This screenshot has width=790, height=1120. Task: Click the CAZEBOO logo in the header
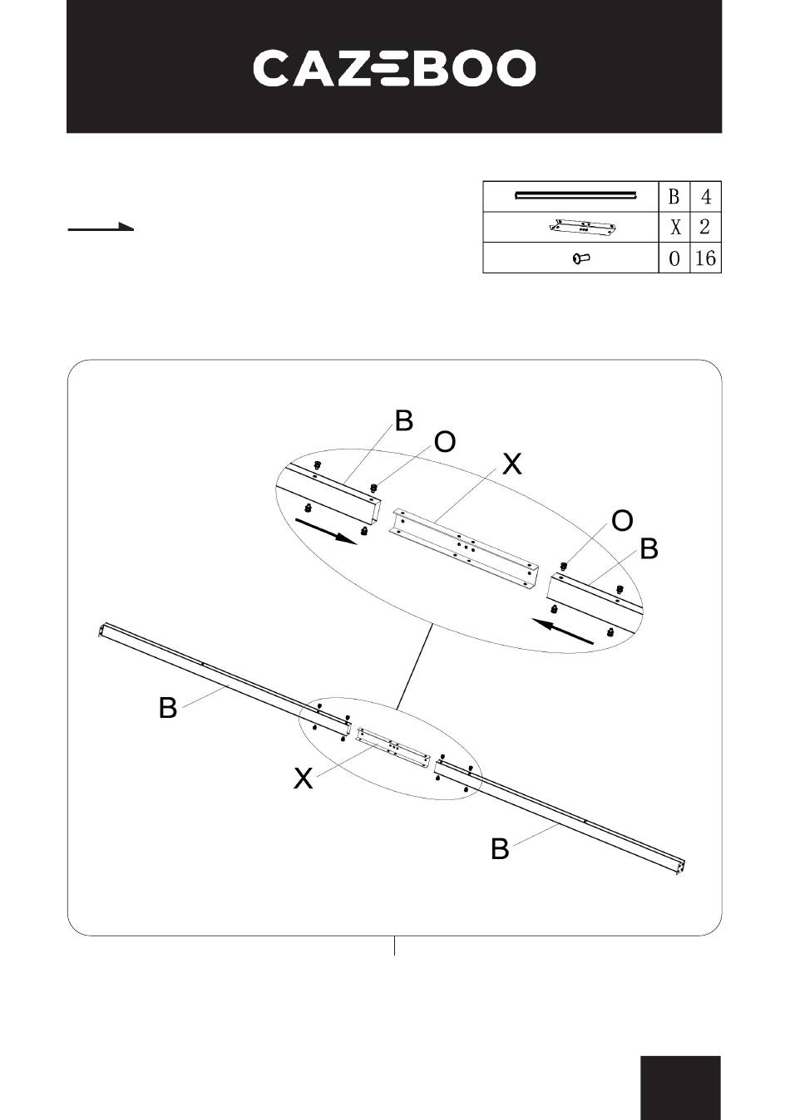[394, 68]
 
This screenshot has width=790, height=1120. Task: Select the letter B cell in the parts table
[674, 197]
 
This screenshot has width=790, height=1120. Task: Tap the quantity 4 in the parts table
[705, 197]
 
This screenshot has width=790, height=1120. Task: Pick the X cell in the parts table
[674, 228]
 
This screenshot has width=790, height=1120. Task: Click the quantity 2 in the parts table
[705, 228]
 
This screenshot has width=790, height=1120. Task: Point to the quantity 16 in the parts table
[705, 258]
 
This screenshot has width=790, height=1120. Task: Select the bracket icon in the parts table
[581, 228]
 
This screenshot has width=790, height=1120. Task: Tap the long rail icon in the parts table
[575, 196]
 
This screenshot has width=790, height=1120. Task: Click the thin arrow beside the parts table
[101, 227]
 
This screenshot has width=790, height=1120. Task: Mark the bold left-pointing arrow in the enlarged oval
[564, 631]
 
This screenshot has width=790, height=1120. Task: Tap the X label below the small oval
[304, 779]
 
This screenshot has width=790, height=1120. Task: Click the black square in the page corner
[680, 1088]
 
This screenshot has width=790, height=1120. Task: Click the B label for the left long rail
[168, 708]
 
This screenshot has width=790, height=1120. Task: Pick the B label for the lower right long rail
[500, 849]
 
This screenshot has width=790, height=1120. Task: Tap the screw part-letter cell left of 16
[674, 258]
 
